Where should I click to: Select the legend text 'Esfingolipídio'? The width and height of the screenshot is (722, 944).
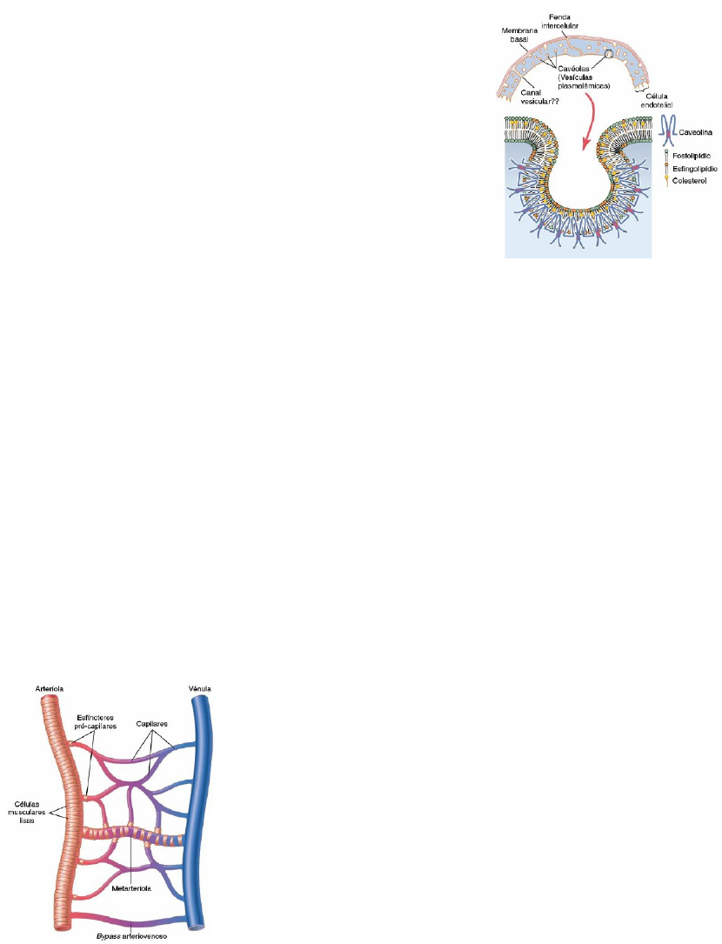(694, 167)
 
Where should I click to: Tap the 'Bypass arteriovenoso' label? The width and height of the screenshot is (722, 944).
(129, 935)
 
